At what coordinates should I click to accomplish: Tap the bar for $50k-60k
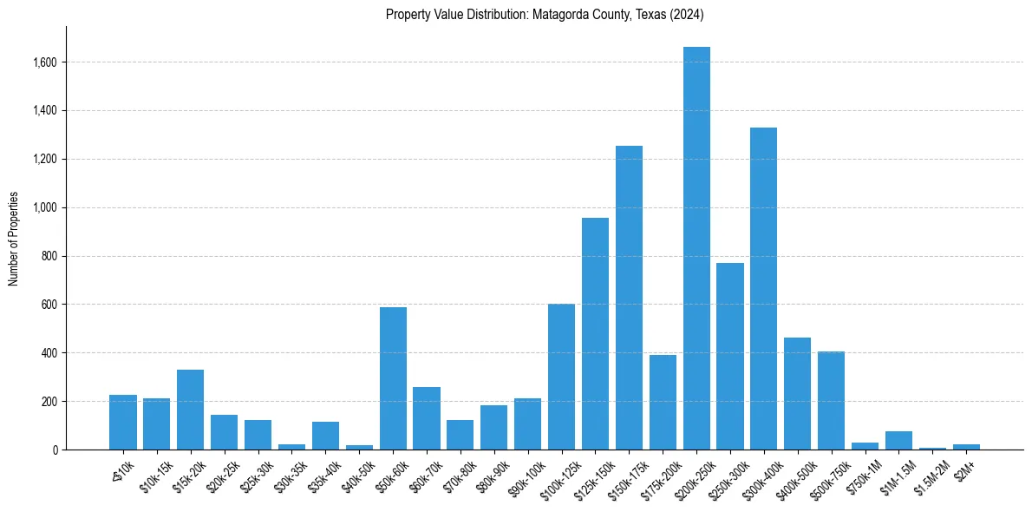[x=393, y=378]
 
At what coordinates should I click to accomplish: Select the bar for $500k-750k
[x=831, y=400]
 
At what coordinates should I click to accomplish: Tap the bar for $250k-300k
[x=730, y=356]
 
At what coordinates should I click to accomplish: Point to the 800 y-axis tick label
[x=49, y=256]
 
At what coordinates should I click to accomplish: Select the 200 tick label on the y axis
[x=49, y=402]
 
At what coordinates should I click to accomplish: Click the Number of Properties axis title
[x=13, y=238]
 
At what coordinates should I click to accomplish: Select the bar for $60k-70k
[x=427, y=418]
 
